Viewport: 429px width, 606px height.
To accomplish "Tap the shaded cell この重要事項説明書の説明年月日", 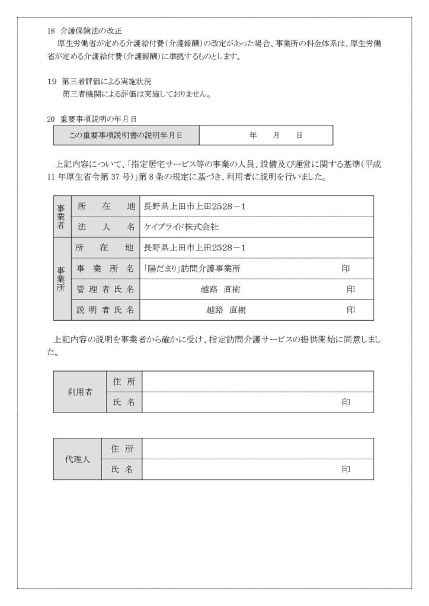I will coord(126,136).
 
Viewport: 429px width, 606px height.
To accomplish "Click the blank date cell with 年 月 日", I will coord(265,136).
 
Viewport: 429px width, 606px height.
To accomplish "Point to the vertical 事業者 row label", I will coord(62,216).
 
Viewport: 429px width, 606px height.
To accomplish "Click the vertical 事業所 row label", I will coord(62,278).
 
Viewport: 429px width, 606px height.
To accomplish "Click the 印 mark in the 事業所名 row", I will coord(346,268).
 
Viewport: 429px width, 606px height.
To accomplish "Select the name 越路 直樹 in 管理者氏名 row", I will coord(220,289).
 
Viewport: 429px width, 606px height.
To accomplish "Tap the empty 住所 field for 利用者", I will coord(258,382).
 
